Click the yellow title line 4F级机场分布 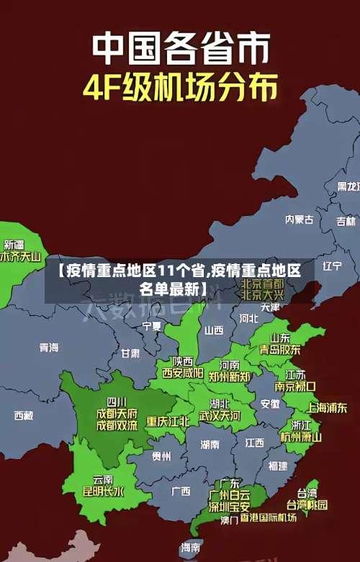180,87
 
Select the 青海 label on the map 49,348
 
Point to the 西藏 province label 24,415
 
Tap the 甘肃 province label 130,353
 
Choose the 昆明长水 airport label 103,492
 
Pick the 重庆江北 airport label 168,421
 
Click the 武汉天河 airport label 220,416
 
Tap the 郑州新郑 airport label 229,376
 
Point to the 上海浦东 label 327,407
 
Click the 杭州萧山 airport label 301,436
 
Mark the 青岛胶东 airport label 280,349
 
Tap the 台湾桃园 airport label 307,504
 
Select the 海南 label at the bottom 191,548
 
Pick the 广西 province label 181,491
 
